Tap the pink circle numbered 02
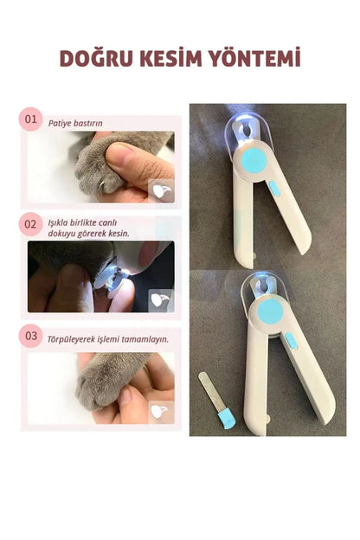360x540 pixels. (31, 224)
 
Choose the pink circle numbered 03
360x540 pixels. (31, 335)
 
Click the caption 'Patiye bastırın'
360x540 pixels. (75, 123)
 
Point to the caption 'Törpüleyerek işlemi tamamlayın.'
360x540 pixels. (108, 338)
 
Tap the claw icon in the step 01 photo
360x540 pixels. (160, 190)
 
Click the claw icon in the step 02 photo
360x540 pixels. (160, 299)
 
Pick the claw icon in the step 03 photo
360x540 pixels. (160, 412)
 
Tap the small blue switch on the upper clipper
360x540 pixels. (275, 187)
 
